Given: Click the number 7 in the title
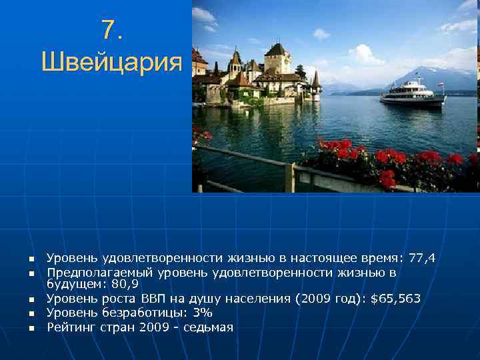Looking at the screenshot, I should tap(107, 29).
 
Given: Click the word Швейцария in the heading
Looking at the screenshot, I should tap(111, 63).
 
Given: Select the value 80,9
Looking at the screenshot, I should tap(123, 285).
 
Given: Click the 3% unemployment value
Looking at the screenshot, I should tap(202, 313).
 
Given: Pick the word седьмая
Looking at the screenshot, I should tap(207, 327).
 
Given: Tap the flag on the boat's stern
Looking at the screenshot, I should tap(440, 85).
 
